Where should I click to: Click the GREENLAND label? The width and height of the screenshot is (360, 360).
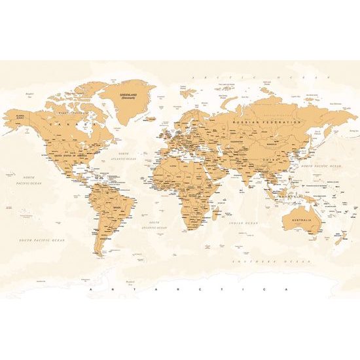[128, 94]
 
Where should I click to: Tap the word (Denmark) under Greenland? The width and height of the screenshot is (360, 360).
[128, 98]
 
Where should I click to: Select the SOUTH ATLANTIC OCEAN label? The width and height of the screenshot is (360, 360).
[154, 225]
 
